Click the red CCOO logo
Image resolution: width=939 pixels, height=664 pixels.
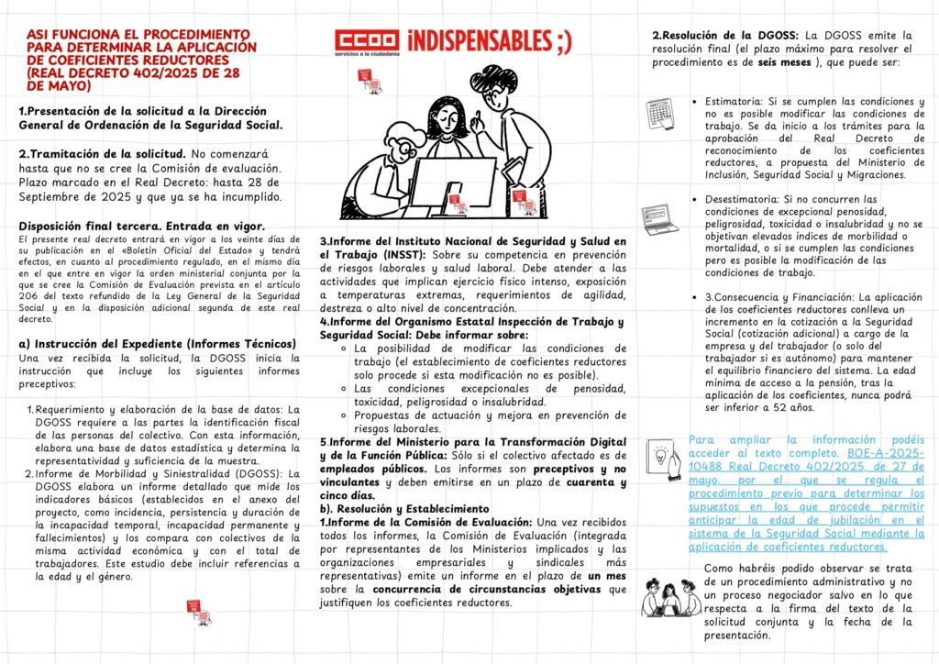click(366, 43)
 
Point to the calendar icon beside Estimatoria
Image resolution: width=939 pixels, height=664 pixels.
click(660, 113)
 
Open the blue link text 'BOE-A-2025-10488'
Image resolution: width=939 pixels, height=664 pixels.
click(880, 454)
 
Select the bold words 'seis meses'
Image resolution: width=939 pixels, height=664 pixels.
click(786, 62)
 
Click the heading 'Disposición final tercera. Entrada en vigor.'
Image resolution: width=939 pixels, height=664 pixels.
click(143, 227)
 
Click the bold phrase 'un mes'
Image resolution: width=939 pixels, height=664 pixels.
click(607, 574)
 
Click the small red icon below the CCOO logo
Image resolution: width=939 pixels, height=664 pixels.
click(369, 82)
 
